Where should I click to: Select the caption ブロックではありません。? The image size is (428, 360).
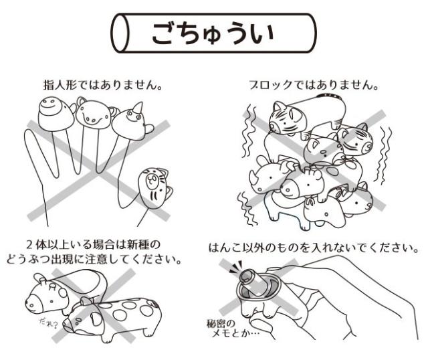[x=317, y=86]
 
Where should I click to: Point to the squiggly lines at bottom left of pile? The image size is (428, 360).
[x=245, y=203]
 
